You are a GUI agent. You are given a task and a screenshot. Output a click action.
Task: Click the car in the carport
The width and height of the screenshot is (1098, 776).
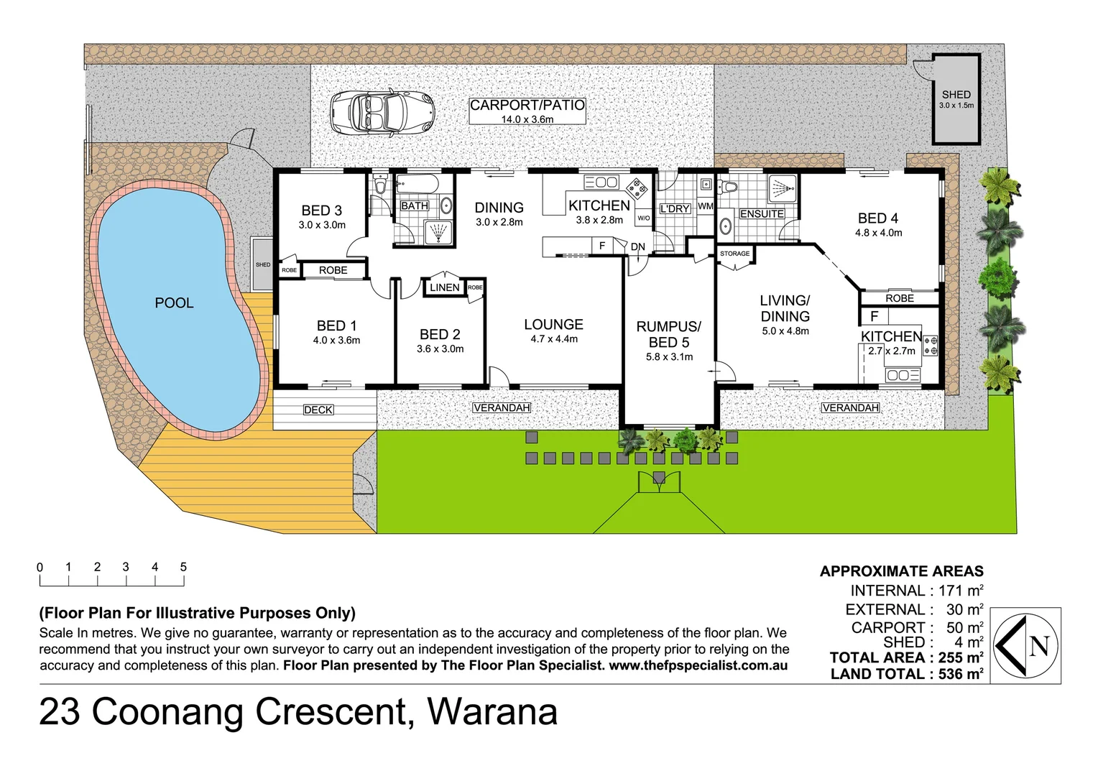tap(383, 113)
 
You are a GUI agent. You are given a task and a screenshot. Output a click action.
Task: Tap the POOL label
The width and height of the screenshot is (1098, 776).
tap(174, 303)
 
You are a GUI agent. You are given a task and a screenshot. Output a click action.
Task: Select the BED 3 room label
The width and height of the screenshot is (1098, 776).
tap(321, 211)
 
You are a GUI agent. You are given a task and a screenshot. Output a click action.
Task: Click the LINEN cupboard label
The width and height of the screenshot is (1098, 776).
tap(444, 287)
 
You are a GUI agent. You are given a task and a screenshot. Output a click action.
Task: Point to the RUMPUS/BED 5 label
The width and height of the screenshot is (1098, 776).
tap(668, 334)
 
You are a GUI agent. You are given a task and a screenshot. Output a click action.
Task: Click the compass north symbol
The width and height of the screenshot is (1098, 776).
tap(1025, 645)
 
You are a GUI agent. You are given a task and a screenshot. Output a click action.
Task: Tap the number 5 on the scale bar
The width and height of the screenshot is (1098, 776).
tap(183, 567)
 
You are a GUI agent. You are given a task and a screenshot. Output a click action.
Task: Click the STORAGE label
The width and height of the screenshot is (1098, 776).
tap(734, 254)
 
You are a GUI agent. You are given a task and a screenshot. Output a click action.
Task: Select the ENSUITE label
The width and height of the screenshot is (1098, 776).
tap(761, 214)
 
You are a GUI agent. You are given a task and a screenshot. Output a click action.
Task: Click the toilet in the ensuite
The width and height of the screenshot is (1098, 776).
tap(729, 188)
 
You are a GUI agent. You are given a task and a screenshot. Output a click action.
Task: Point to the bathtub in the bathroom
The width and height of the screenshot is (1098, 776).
tap(417, 185)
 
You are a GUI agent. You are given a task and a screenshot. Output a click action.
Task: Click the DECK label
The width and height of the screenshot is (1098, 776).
tap(318, 410)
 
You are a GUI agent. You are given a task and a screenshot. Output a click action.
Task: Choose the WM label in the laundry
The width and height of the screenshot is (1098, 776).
tap(706, 206)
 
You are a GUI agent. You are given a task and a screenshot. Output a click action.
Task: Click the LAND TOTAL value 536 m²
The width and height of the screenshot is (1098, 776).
tap(960, 674)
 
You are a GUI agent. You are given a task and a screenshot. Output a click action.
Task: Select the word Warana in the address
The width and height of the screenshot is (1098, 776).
tap(492, 712)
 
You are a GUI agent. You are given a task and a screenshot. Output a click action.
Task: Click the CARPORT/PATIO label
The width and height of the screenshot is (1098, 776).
tap(527, 105)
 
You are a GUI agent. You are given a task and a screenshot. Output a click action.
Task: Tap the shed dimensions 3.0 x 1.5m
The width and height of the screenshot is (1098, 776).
tap(956, 106)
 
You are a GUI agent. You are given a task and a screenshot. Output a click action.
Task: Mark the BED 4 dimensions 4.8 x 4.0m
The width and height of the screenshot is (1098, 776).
tap(878, 233)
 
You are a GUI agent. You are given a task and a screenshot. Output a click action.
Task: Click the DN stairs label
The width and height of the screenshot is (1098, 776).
tap(638, 246)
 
